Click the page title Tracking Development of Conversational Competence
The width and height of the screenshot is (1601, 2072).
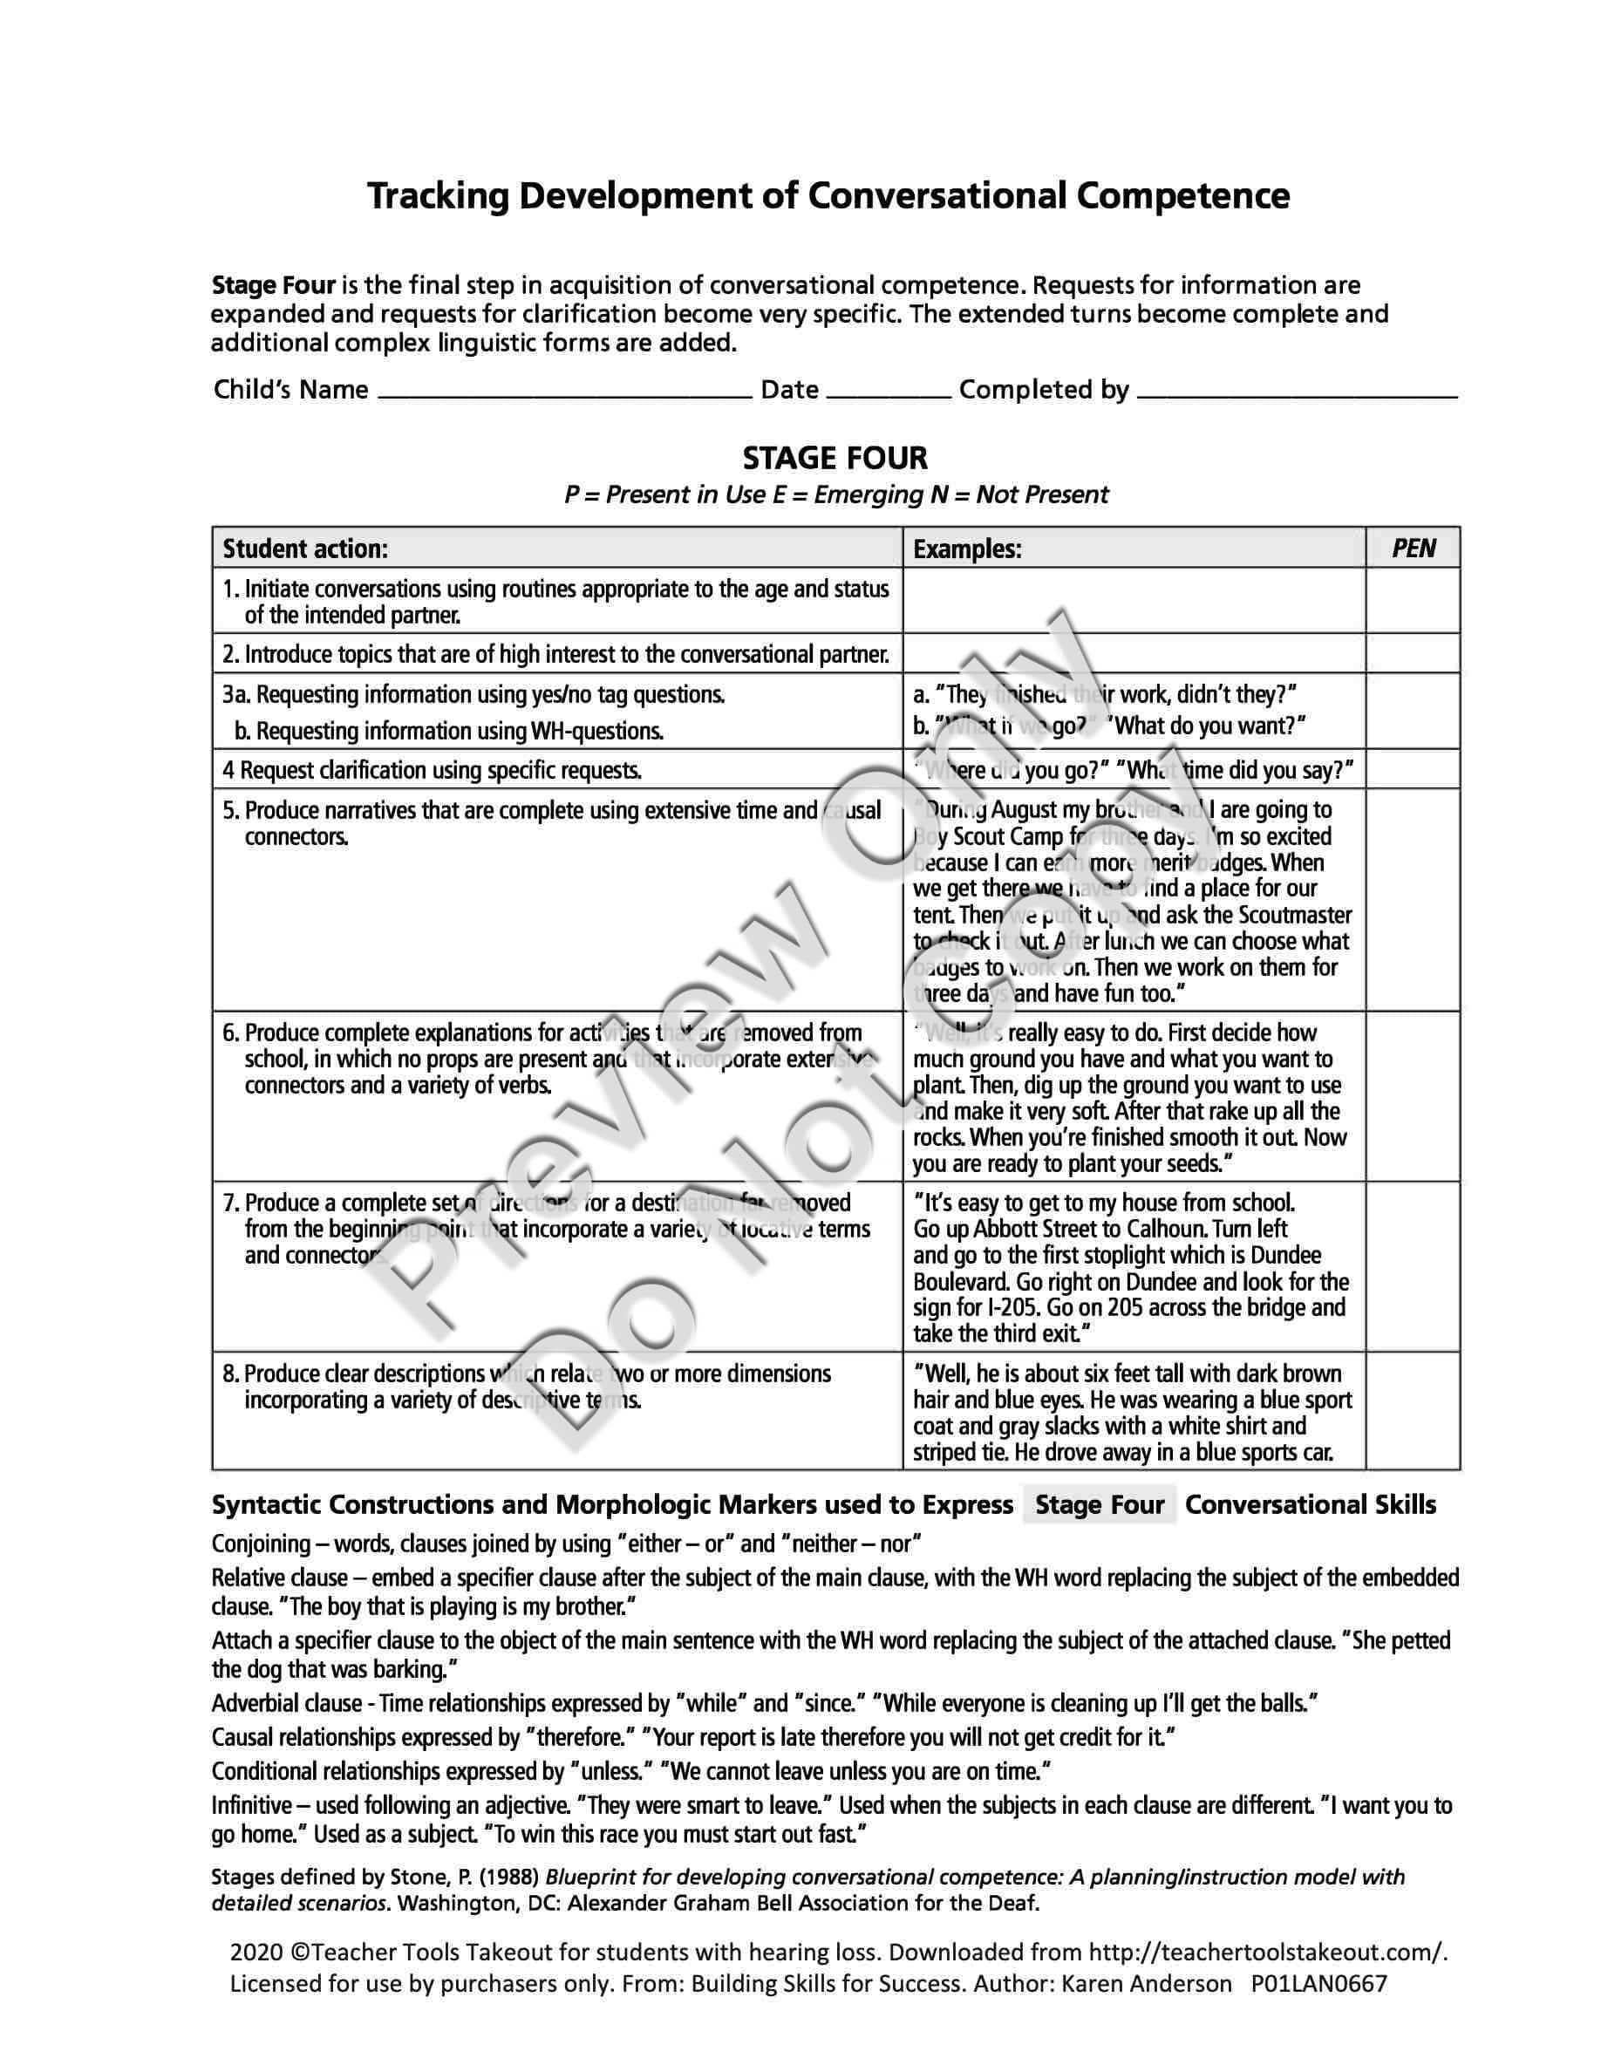click(x=828, y=196)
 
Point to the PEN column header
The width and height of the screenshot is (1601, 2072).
click(x=1413, y=549)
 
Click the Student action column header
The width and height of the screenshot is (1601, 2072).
click(x=305, y=549)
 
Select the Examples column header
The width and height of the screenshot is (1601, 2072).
click(x=966, y=549)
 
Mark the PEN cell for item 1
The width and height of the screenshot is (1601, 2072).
click(x=1413, y=601)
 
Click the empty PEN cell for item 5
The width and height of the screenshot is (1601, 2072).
click(x=1413, y=899)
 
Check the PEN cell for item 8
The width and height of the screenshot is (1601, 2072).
click(x=1413, y=1411)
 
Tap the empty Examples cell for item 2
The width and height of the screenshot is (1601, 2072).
click(x=1134, y=654)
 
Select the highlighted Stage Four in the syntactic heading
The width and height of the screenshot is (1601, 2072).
click(x=1100, y=1506)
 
